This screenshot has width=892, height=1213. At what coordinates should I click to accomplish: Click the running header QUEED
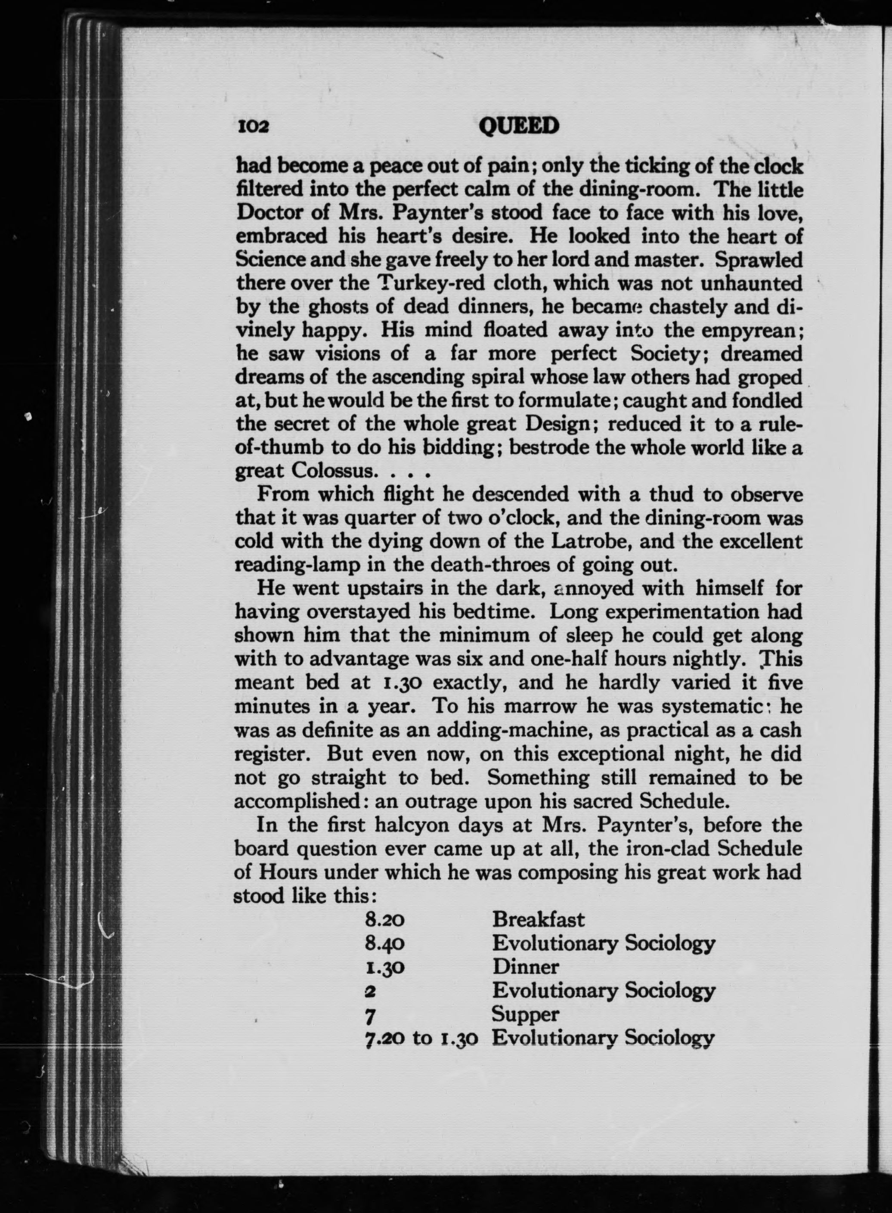518,126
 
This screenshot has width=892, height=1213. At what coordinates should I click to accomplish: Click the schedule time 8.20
385,919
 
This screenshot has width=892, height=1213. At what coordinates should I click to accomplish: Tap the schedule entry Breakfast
538,919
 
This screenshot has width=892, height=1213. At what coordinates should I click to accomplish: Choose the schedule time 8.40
385,943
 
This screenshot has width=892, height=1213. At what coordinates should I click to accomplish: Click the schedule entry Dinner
525,966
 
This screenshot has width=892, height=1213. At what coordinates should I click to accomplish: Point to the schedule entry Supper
525,1014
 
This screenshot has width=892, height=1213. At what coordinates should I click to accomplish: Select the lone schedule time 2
370,990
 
